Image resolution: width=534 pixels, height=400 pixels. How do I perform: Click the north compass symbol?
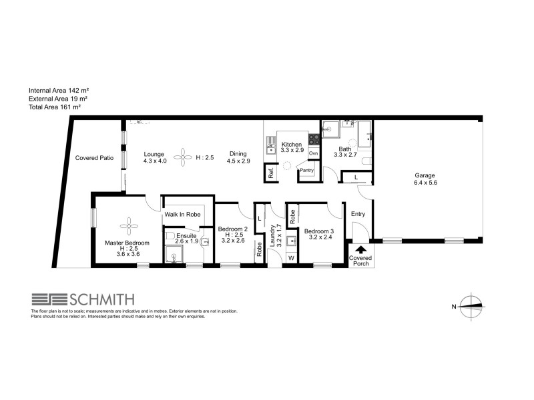tap(471, 306)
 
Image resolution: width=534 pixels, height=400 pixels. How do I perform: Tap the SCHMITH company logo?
tap(83, 299)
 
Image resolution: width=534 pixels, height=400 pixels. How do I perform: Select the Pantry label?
tap(306, 171)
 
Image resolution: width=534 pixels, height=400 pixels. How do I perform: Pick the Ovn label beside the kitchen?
tap(313, 153)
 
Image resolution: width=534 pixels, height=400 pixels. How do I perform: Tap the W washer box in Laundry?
tap(291, 258)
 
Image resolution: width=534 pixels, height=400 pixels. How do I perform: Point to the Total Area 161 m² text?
tap(54, 106)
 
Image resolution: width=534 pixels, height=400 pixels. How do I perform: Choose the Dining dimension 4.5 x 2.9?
tap(238, 161)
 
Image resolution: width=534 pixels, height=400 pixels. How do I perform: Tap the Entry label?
tap(358, 213)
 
